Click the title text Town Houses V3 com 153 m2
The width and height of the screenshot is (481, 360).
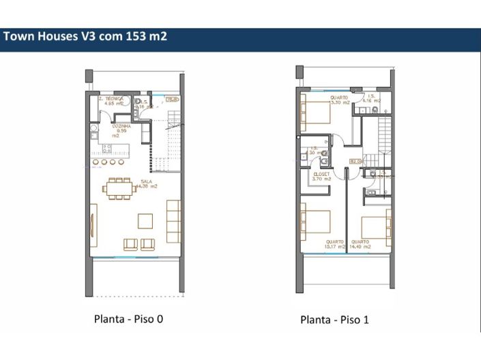[85, 37]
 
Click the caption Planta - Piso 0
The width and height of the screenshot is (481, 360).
[128, 318]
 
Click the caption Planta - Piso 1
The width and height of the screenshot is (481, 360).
[334, 319]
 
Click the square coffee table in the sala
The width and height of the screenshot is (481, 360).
[145, 220]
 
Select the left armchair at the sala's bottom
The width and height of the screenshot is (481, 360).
[131, 243]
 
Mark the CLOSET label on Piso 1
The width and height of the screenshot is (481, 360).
[321, 176]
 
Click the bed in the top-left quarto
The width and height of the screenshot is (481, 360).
[315, 110]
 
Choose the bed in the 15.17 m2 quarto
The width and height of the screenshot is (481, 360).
[315, 224]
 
